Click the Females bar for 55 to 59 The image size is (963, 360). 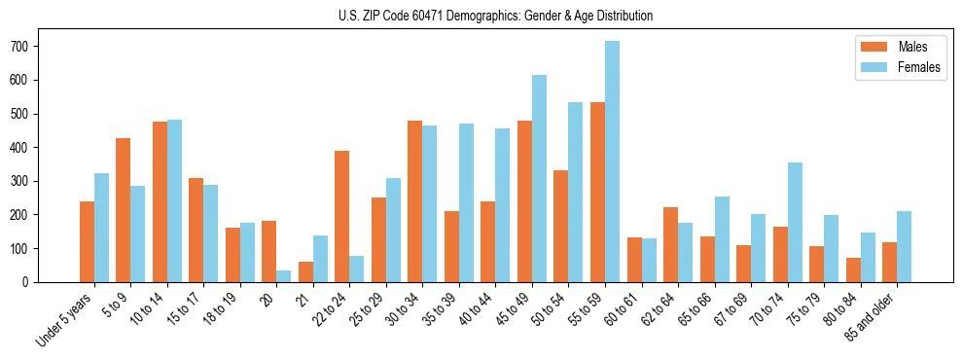pos(612,162)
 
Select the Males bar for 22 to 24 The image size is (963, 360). pos(341,216)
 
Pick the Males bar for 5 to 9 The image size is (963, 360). pos(123,210)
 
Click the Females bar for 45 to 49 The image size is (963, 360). pos(539,178)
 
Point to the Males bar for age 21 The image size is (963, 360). pos(305,271)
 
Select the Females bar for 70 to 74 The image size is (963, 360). pos(795,222)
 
